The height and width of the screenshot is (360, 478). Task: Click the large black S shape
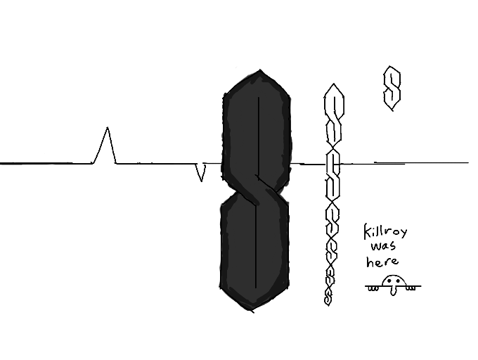pos(254,190)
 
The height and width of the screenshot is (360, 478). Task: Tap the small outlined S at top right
pos(392,87)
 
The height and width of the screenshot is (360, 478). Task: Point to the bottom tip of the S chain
pos(328,302)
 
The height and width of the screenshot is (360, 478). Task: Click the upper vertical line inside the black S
pos(259,134)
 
